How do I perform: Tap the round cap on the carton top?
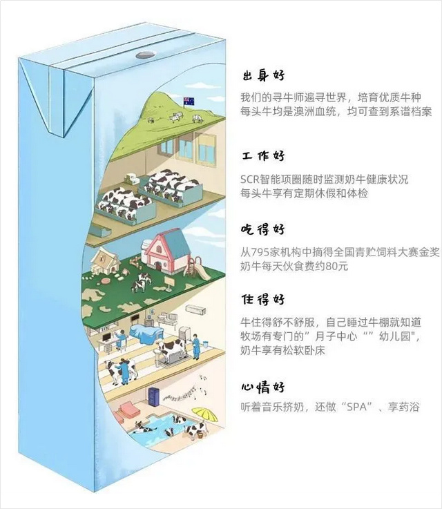point(144,53)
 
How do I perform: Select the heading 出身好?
point(263,75)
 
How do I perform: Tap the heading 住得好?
point(263,300)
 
